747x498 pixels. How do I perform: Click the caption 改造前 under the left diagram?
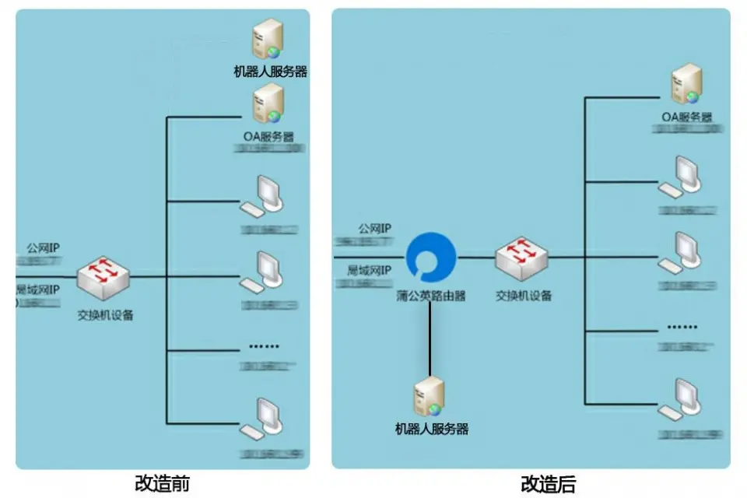pos(162,484)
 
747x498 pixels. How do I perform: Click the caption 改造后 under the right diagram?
pos(548,484)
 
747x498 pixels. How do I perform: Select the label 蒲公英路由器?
pos(430,296)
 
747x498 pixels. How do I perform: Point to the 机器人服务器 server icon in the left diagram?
pos(267,39)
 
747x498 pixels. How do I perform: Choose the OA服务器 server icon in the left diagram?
pos(268,103)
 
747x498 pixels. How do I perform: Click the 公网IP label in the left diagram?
pos(44,248)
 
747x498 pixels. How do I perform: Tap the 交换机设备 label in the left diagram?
pos(105,315)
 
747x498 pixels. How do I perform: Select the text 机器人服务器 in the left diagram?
pos(270,72)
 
